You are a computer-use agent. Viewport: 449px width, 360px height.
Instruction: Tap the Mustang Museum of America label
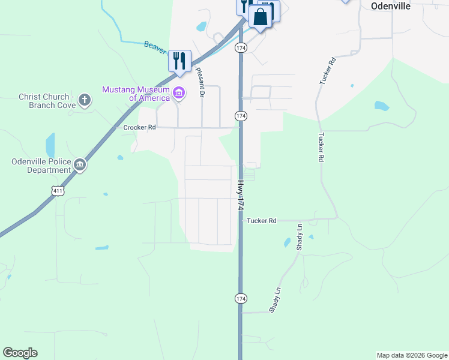[x=135, y=94]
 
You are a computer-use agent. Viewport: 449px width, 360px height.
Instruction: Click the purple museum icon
[x=178, y=93]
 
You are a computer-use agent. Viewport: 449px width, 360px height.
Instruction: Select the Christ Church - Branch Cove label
[x=47, y=101]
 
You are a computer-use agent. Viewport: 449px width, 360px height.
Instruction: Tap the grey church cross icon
[x=85, y=100]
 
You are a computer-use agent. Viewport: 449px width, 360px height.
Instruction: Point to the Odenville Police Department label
[x=41, y=166]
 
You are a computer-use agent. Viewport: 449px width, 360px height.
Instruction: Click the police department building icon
[x=80, y=165]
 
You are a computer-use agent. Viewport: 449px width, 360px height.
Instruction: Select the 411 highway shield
[x=58, y=191]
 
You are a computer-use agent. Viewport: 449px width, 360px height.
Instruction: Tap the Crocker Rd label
[x=139, y=128]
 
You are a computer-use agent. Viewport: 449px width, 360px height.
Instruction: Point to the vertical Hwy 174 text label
[x=240, y=195]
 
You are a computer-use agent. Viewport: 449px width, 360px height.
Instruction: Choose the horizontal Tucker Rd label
[x=261, y=221]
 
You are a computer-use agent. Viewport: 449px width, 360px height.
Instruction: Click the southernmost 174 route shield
[x=240, y=298]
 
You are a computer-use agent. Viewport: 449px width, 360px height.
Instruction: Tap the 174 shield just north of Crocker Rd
[x=240, y=115]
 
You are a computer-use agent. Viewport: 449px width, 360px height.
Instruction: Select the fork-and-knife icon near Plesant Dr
[x=179, y=61]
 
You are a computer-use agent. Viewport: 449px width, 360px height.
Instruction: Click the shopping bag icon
[x=261, y=16]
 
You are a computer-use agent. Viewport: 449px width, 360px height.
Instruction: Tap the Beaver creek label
[x=154, y=46]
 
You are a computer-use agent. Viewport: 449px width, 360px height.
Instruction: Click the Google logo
[x=20, y=353]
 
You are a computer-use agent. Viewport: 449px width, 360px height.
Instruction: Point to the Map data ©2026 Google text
[x=412, y=355]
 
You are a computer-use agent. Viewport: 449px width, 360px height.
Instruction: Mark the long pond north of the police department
[x=50, y=145]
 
